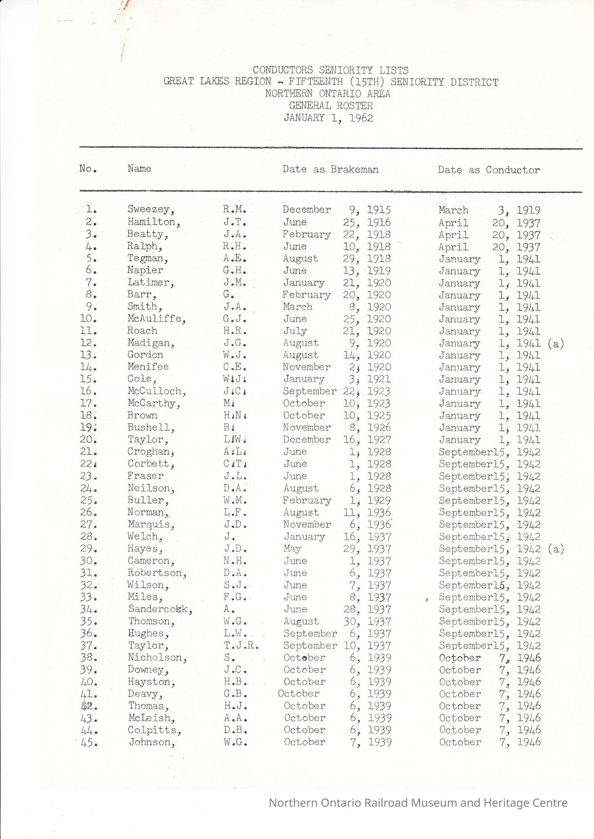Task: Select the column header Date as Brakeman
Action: pyautogui.click(x=330, y=169)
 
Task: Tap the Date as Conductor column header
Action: pyautogui.click(x=489, y=170)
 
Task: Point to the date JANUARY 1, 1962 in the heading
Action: pyautogui.click(x=328, y=118)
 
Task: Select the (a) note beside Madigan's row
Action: pyautogui.click(x=556, y=344)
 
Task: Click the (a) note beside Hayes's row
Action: pyautogui.click(x=556, y=549)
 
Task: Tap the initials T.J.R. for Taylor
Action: pyautogui.click(x=241, y=645)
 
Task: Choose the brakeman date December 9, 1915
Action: pyautogui.click(x=337, y=210)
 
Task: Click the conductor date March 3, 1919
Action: pyautogui.click(x=489, y=210)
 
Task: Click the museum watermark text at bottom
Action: pyautogui.click(x=418, y=803)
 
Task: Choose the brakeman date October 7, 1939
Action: pyautogui.click(x=337, y=742)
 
